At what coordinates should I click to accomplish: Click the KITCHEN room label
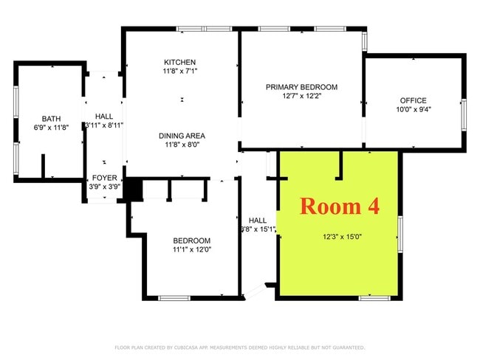click(x=180, y=61)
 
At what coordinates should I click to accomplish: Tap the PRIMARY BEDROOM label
click(x=301, y=87)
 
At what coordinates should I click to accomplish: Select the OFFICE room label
click(x=414, y=100)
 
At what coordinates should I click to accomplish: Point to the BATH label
click(x=51, y=118)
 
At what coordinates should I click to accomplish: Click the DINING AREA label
click(x=181, y=136)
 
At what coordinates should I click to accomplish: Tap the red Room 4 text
click(x=339, y=206)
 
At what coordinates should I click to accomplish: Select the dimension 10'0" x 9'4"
click(x=414, y=109)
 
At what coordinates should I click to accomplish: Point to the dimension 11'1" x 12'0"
click(x=191, y=250)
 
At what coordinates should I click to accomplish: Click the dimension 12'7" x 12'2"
click(x=301, y=96)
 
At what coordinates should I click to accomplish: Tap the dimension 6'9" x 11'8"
click(x=51, y=128)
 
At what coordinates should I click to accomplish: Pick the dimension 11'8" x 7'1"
click(x=180, y=71)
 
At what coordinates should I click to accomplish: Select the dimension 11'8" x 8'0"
click(x=181, y=145)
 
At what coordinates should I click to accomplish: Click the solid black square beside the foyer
click(x=133, y=190)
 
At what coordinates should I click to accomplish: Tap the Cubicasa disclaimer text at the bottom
click(x=240, y=347)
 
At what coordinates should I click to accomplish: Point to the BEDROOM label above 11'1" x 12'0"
click(x=191, y=240)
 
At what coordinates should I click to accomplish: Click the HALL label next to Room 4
click(x=258, y=220)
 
